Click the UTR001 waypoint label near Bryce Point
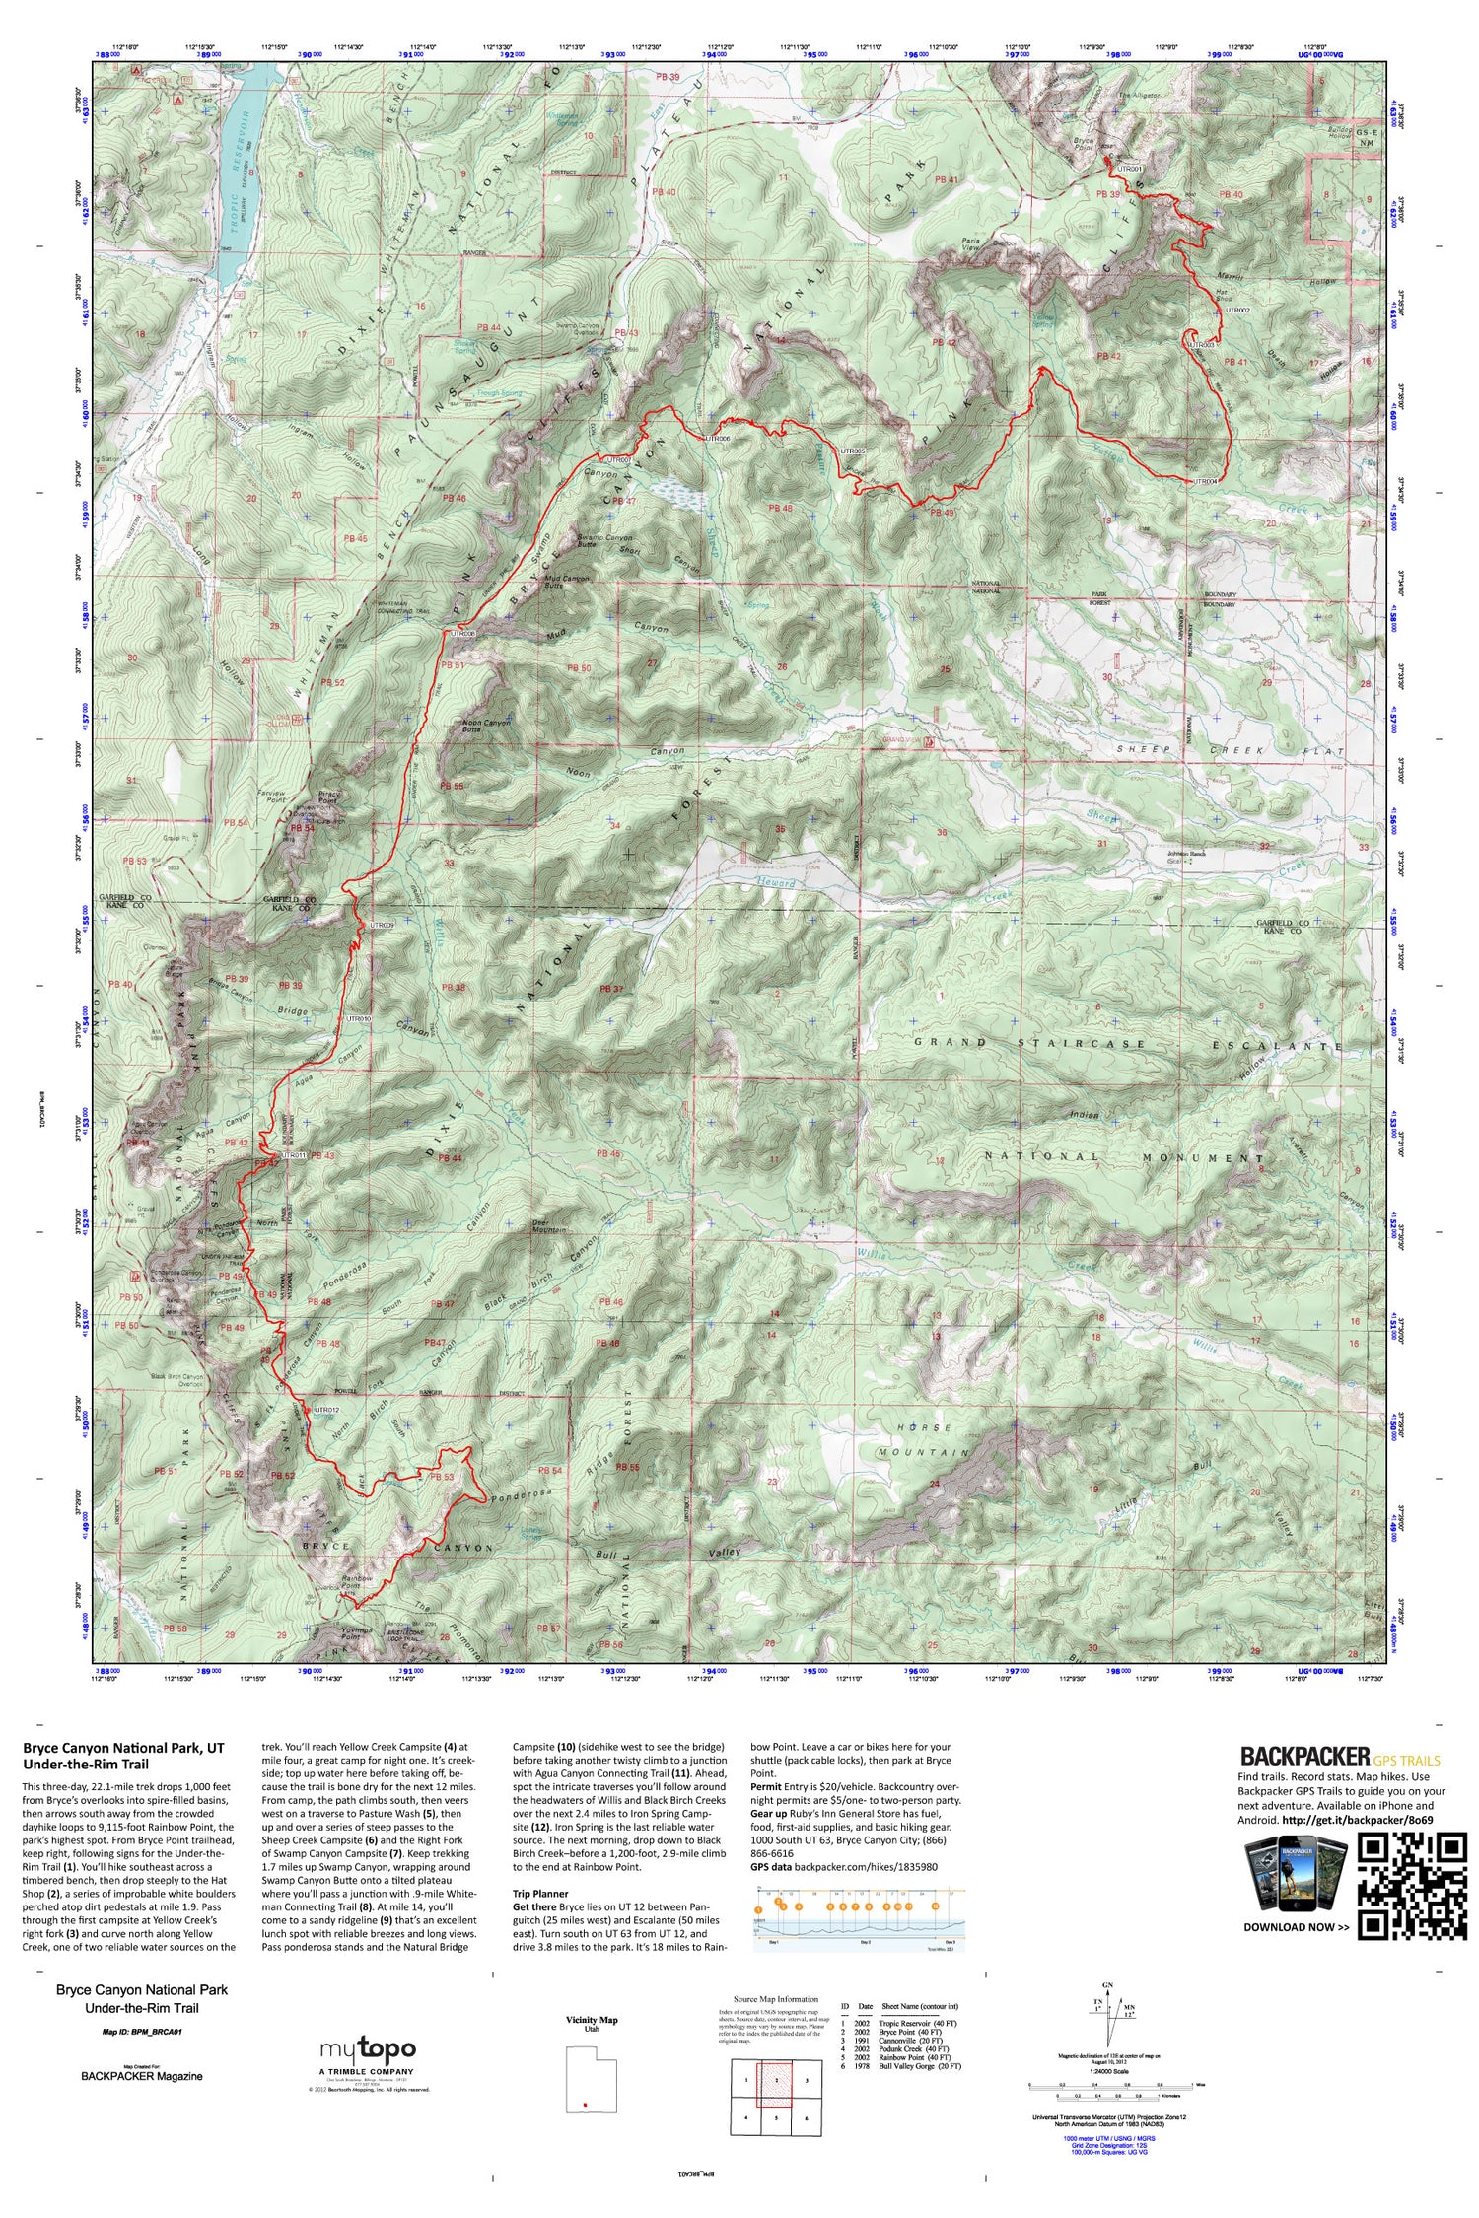point(1130,169)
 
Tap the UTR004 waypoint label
point(1205,481)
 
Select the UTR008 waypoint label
point(462,633)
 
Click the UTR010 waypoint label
point(357,1018)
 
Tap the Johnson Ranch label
point(1186,854)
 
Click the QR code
point(1412,1886)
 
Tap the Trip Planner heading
point(540,1894)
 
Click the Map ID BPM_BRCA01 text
point(142,2032)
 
